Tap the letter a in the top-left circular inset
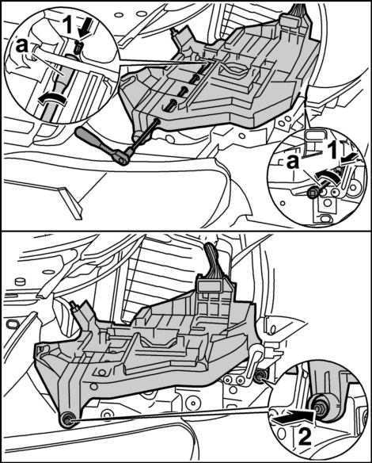pos(22,45)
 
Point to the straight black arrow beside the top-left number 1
pos(82,29)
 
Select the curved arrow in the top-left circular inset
pos(54,98)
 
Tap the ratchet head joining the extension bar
pos(123,155)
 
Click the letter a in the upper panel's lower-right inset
pos(293,161)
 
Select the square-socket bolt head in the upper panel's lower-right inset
pos(313,193)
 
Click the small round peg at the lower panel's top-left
pos(19,281)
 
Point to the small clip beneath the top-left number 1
pos(78,47)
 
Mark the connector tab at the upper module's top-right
pos(289,21)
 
